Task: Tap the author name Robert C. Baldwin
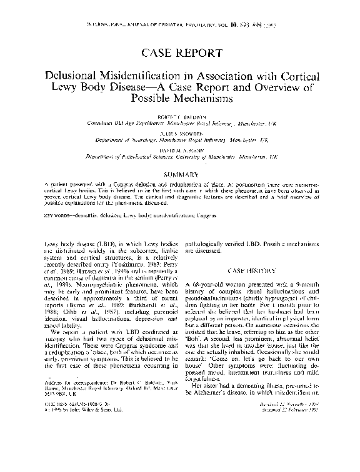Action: pos(180,117)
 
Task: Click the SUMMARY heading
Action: pos(180,174)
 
